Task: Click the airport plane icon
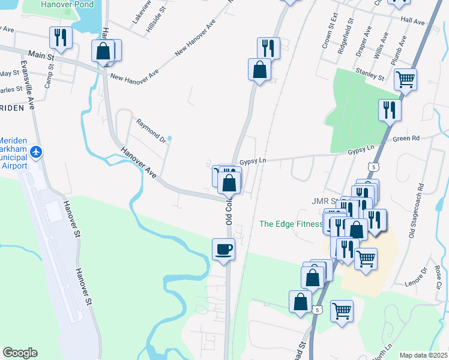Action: (36, 152)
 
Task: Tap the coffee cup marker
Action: (224, 249)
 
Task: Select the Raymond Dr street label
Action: (150, 130)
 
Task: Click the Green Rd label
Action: (406, 139)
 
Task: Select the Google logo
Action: (20, 353)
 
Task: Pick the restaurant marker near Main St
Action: (61, 38)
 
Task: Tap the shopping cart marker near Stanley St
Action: (406, 79)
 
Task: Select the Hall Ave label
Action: (412, 20)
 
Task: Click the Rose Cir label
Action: (437, 276)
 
